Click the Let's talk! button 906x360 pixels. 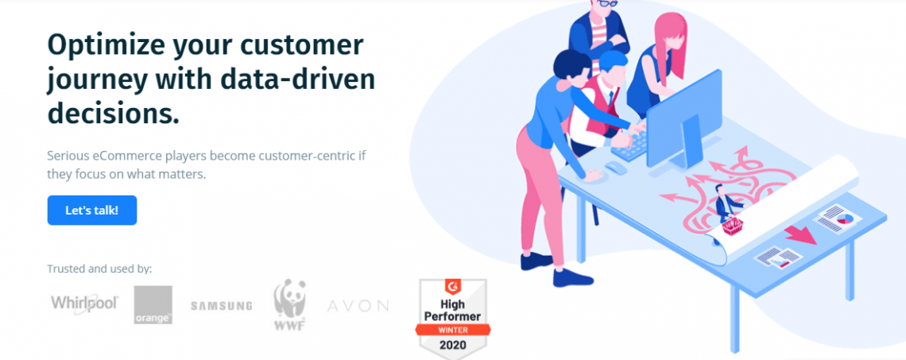click(92, 211)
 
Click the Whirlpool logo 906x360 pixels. click(84, 304)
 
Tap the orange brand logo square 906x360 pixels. click(153, 304)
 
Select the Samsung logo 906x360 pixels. click(221, 305)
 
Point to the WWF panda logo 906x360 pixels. click(290, 305)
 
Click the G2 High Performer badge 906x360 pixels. click(452, 316)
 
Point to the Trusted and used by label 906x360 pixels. click(99, 269)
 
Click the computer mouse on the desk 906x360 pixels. click(614, 167)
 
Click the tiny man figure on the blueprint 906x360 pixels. click(722, 203)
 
